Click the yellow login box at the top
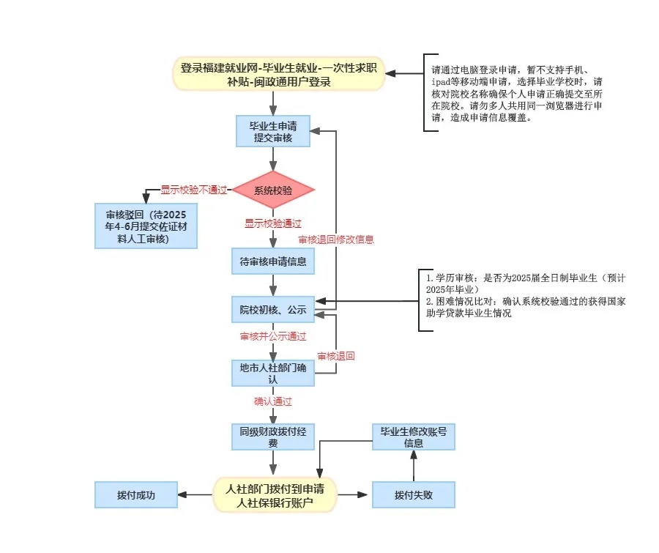(x=279, y=74)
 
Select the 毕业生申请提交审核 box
(x=273, y=131)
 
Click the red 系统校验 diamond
(x=273, y=191)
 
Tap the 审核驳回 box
(x=146, y=226)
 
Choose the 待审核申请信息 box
(x=273, y=261)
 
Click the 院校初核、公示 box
(x=273, y=310)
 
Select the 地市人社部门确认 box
(x=273, y=372)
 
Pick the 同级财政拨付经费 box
(x=273, y=437)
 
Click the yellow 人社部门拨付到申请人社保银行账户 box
(x=275, y=495)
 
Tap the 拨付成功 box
(x=135, y=495)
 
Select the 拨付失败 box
(x=413, y=495)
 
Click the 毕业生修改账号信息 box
(x=413, y=437)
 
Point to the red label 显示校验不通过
(x=194, y=190)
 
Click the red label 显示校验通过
(x=273, y=223)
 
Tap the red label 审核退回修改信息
(x=336, y=240)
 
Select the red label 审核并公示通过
(x=273, y=336)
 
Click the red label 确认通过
(x=273, y=401)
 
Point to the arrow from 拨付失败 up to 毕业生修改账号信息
(x=413, y=466)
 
